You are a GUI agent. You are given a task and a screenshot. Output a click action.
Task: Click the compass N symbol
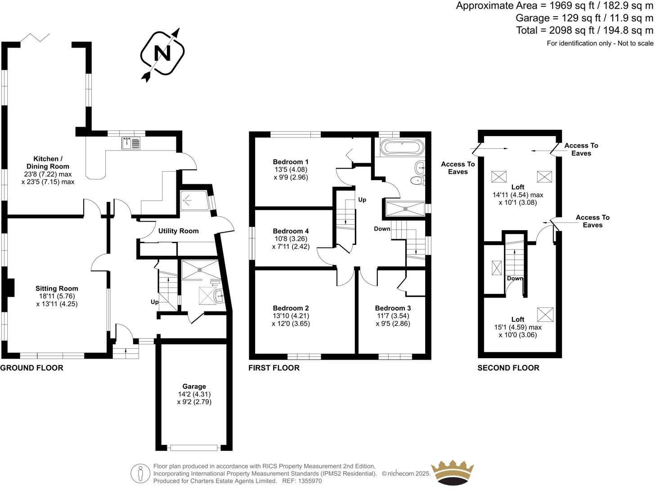click(x=162, y=54)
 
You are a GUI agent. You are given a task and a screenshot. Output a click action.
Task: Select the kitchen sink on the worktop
click(x=131, y=143)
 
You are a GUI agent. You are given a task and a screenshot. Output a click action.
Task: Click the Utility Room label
click(x=178, y=231)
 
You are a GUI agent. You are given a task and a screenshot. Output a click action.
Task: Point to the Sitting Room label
click(x=57, y=289)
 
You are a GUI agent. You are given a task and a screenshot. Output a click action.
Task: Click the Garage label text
click(x=194, y=386)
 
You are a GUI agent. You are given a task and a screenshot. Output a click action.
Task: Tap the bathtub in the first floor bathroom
click(x=401, y=147)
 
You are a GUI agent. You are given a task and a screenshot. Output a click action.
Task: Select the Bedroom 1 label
click(x=291, y=162)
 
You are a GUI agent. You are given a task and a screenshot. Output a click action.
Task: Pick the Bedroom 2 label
click(x=291, y=308)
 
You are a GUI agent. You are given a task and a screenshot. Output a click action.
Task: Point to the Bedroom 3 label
click(x=393, y=308)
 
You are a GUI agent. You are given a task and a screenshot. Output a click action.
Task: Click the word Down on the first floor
click(x=382, y=229)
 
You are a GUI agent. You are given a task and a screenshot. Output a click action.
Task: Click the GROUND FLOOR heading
click(x=31, y=368)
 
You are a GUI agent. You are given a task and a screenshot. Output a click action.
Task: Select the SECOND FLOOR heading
click(x=508, y=368)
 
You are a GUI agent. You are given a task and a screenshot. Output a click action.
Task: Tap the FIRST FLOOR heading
click(x=274, y=368)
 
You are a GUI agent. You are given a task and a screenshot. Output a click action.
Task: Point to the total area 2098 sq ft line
click(x=584, y=30)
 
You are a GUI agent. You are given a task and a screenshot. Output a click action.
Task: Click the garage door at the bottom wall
click(x=194, y=448)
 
